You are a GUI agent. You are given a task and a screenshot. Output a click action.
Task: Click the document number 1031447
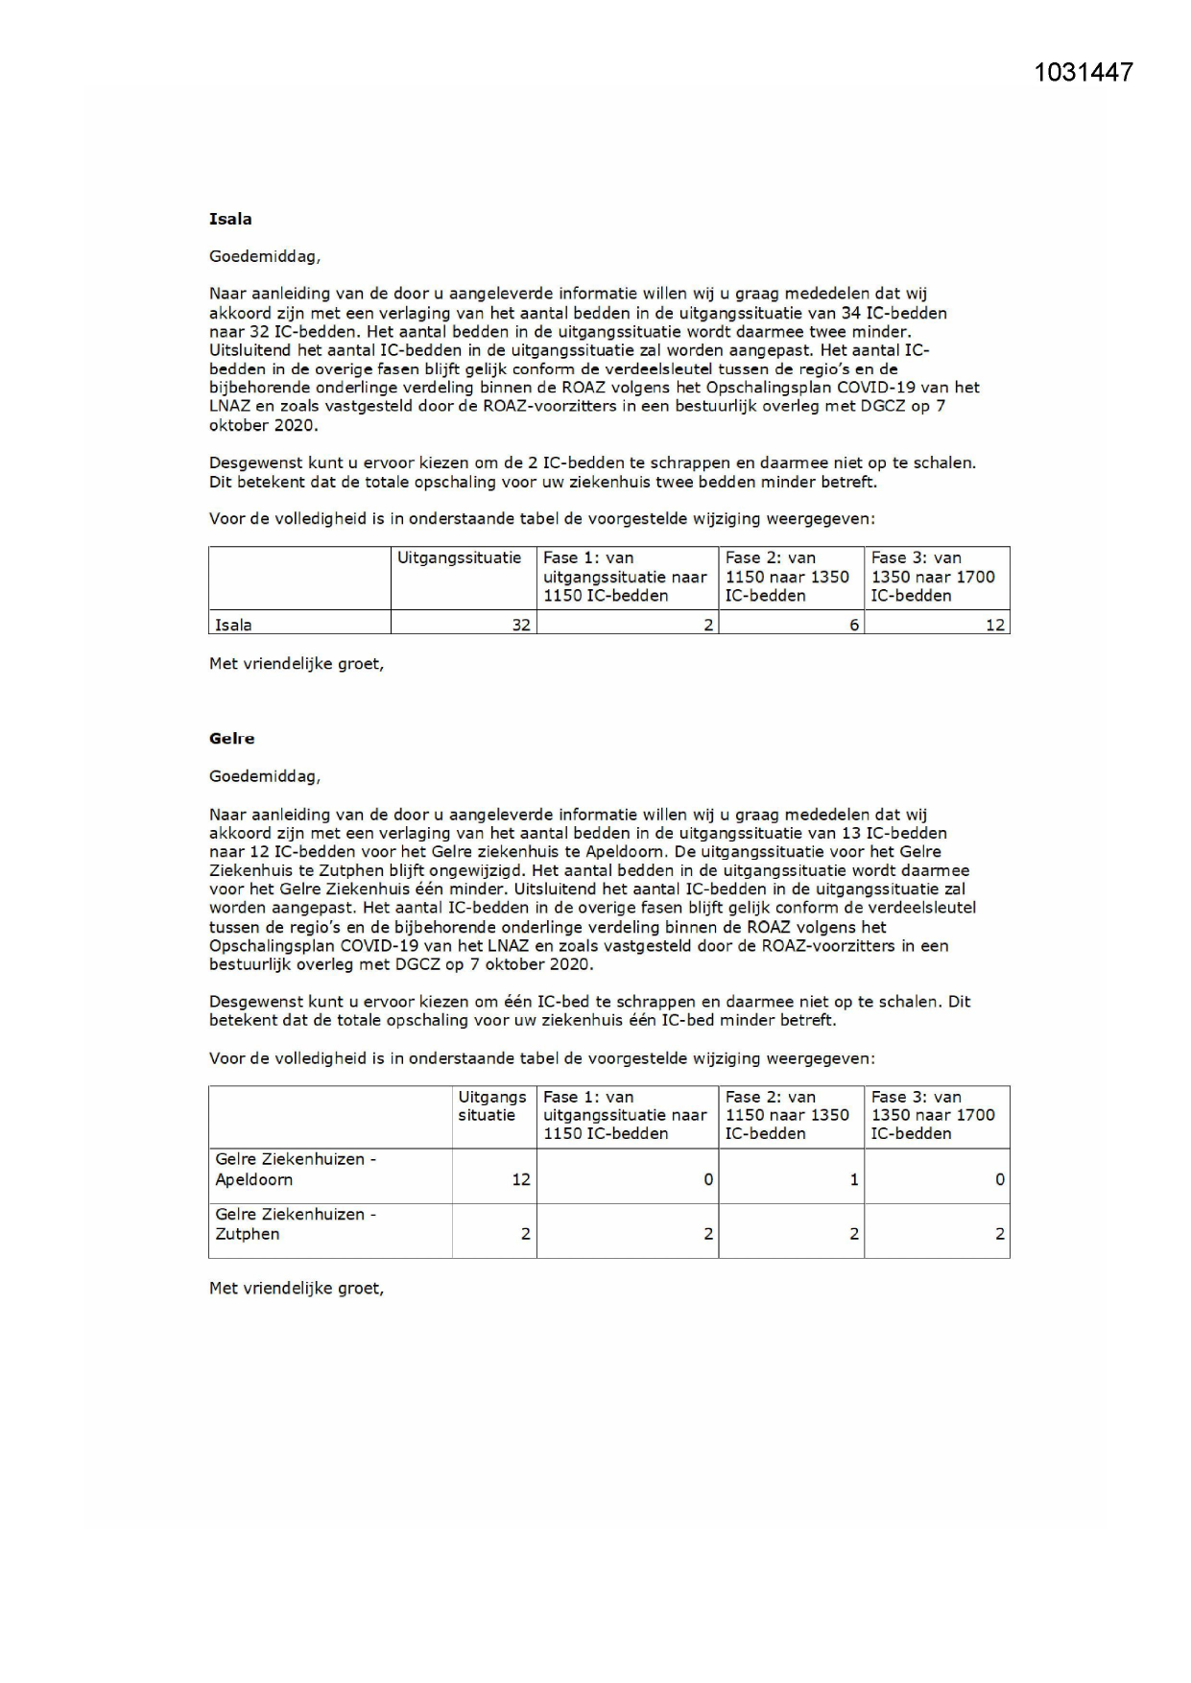click(x=1084, y=72)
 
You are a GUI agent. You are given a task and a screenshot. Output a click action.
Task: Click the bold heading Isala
click(x=230, y=219)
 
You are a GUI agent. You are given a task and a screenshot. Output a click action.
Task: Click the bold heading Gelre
click(x=231, y=738)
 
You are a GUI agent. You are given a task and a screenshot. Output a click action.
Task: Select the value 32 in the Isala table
click(x=520, y=625)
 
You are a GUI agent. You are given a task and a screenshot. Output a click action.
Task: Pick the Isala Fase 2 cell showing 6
click(x=853, y=625)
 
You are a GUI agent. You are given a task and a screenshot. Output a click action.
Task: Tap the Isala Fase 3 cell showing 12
click(x=994, y=625)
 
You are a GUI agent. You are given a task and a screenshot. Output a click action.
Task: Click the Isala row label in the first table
click(x=233, y=625)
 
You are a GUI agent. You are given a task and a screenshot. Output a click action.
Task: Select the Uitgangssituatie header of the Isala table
click(x=459, y=557)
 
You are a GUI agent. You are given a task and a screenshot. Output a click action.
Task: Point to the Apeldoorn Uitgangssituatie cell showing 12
click(x=520, y=1179)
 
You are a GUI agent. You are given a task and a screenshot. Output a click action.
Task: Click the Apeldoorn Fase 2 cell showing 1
click(x=853, y=1179)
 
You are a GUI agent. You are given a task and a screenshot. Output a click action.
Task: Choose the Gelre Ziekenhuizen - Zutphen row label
click(x=295, y=1223)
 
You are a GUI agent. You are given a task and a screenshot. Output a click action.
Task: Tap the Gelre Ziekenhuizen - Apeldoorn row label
click(x=295, y=1169)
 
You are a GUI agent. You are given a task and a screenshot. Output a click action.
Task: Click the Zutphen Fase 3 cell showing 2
click(x=999, y=1234)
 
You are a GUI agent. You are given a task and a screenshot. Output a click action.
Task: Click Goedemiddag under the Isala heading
click(x=265, y=256)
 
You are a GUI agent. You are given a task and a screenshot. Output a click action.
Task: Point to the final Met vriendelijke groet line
click(x=296, y=1288)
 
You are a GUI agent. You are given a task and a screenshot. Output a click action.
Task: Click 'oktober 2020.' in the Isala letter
click(x=263, y=425)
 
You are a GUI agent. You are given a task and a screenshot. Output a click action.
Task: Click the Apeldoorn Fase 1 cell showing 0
click(x=708, y=1179)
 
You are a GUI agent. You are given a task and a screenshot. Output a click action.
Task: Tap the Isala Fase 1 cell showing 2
click(x=708, y=625)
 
